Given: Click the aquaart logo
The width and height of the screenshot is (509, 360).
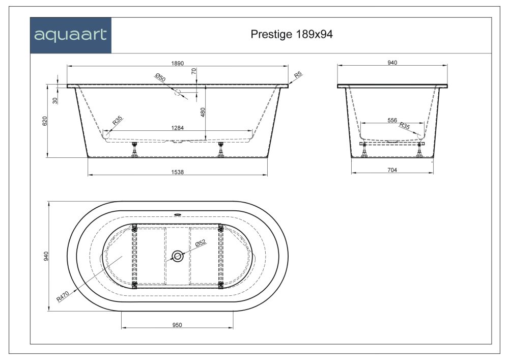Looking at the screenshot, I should click(x=70, y=35).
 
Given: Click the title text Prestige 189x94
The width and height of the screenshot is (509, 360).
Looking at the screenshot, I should click(x=292, y=34).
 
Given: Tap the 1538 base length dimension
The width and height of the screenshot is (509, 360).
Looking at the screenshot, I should click(x=177, y=172).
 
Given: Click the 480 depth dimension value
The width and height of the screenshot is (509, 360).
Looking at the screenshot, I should click(x=203, y=112).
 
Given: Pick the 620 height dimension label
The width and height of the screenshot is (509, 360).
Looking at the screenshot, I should click(x=45, y=121).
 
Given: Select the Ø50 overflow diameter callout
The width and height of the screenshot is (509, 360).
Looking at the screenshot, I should click(x=160, y=78).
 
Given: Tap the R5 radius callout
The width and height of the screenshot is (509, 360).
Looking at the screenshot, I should click(x=298, y=74).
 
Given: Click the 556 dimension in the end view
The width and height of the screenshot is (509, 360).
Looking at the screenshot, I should click(x=392, y=120).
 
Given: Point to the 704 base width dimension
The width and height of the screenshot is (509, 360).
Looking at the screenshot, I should click(x=391, y=171).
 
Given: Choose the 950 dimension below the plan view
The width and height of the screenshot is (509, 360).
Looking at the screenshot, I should click(x=177, y=325).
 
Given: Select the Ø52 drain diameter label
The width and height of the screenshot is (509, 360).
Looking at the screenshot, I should click(x=202, y=244).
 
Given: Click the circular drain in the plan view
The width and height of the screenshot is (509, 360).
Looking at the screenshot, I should click(x=177, y=256).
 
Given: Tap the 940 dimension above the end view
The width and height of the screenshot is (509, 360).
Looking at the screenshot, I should click(x=392, y=63).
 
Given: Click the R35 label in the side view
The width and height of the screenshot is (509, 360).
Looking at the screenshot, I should click(x=117, y=121).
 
